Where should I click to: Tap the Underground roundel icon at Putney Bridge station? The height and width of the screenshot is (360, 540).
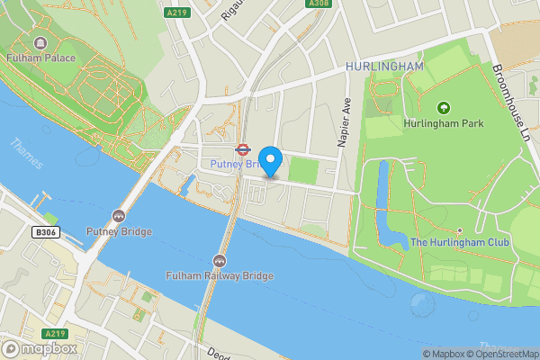pos(241,150)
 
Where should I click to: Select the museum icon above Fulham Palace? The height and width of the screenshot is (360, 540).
pos(40,43)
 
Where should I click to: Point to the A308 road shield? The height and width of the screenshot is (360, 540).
pos(318,4)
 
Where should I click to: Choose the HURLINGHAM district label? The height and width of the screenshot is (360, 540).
pos(384,67)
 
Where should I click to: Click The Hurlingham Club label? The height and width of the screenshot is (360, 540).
pos(460,243)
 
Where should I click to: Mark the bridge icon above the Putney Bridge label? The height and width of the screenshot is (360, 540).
pos(119,216)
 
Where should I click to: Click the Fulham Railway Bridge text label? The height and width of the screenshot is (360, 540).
pos(219,275)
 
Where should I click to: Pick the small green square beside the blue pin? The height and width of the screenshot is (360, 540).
pos(302,170)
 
